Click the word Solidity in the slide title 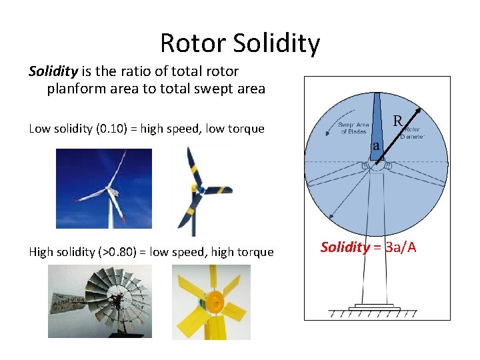pos(277,43)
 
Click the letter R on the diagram pos(397,121)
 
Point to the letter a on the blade pos(377,146)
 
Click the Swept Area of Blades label pos(353,128)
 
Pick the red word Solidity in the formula pos(345,247)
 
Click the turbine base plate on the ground pos(377,307)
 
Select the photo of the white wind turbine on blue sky pos(103,188)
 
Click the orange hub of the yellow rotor pos(215,301)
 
